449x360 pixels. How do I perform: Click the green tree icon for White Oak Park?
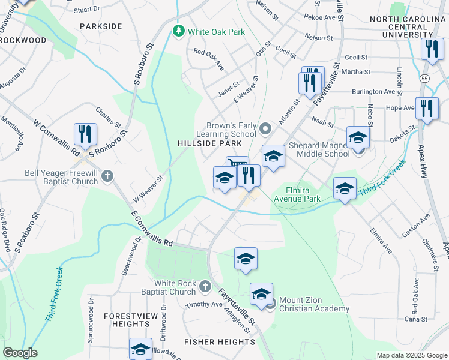tap(178, 31)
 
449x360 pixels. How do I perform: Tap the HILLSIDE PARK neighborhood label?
tap(209, 143)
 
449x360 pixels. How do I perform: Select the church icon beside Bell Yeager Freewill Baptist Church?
tap(107, 176)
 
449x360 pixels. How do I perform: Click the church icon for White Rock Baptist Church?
tap(205, 287)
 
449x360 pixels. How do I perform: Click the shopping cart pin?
tap(237, 166)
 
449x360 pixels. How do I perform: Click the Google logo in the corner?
tap(19, 353)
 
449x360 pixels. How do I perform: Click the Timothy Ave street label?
tap(203, 304)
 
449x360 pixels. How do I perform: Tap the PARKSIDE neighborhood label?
tap(100, 26)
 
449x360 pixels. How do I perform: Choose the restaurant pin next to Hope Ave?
tap(427, 108)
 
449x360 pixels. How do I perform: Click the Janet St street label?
tap(228, 85)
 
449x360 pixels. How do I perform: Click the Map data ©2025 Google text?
tap(412, 355)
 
